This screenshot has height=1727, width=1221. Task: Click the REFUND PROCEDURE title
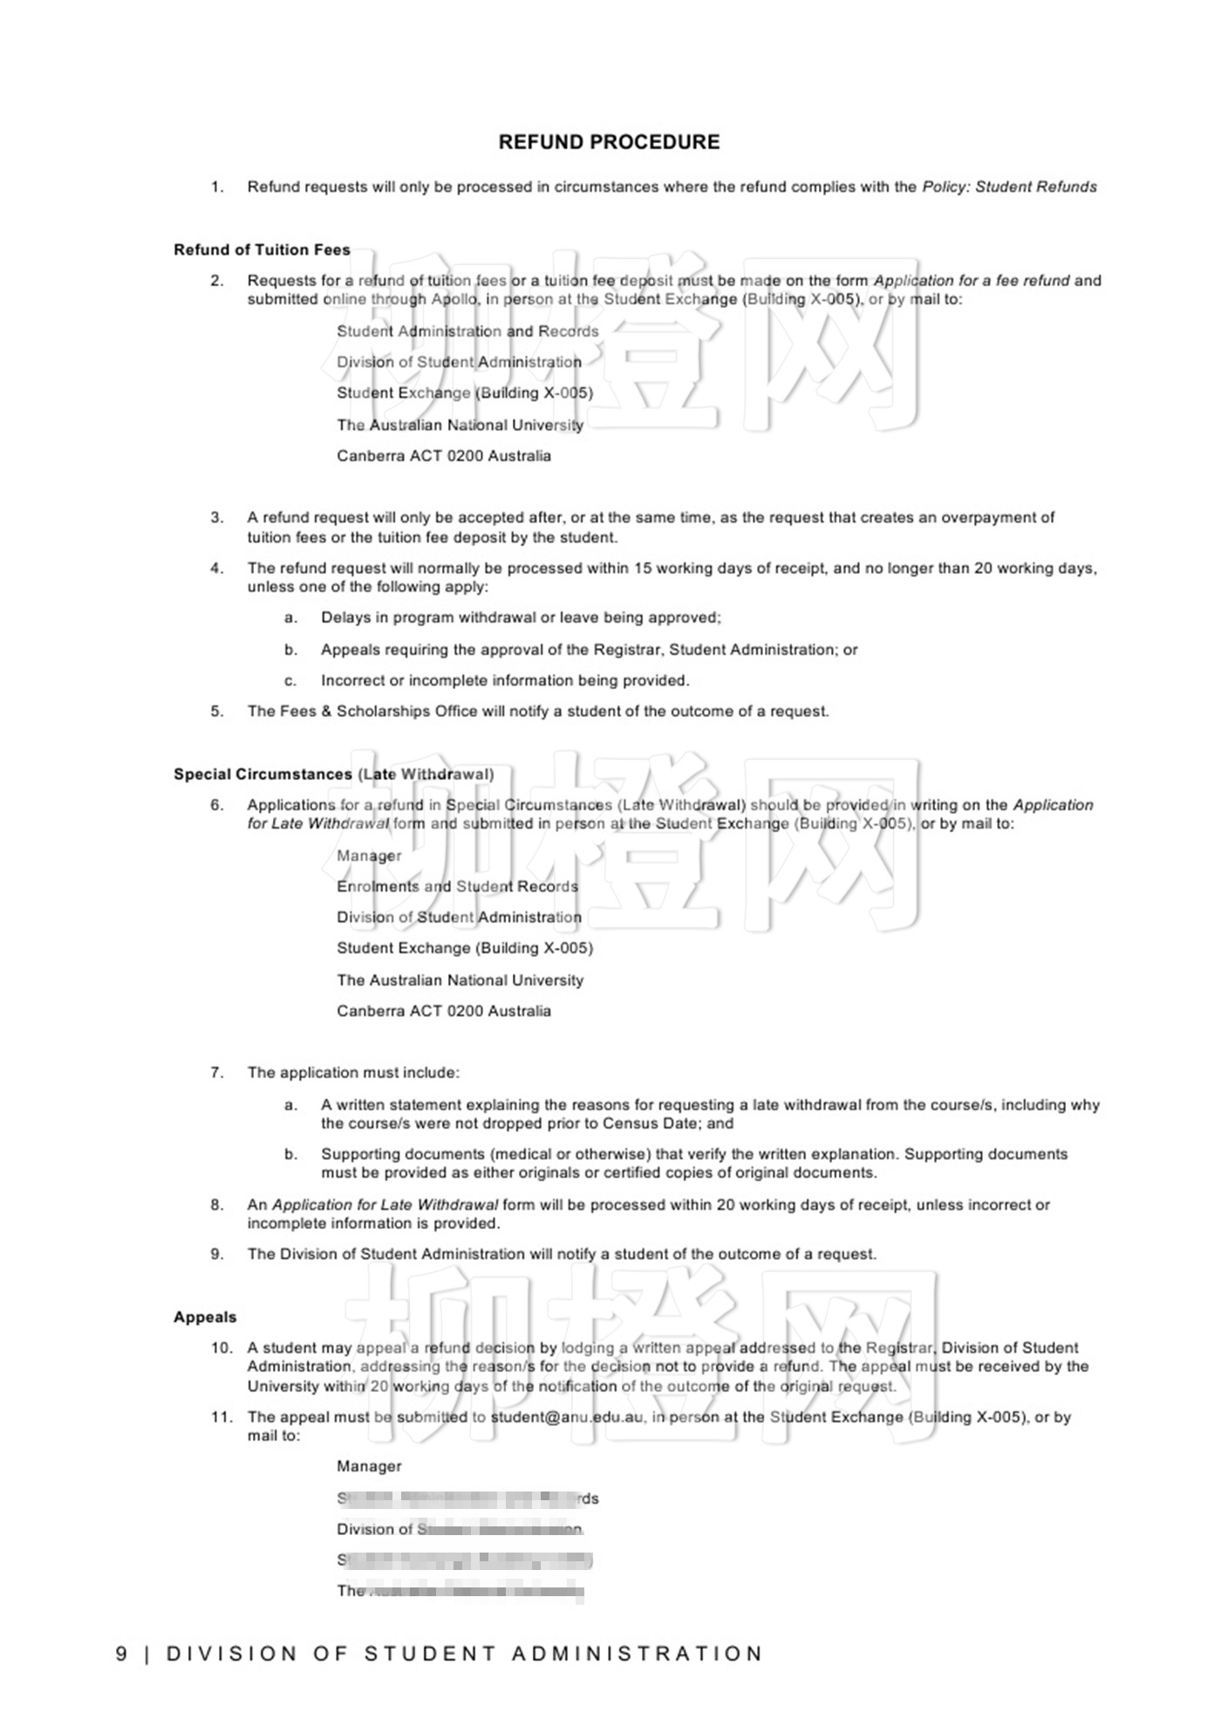tap(609, 142)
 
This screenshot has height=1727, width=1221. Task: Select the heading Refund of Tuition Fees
tap(262, 250)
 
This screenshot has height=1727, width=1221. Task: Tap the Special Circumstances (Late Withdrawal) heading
tap(333, 775)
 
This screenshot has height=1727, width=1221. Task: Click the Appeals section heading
tap(205, 1317)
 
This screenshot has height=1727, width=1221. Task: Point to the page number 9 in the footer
tap(122, 1654)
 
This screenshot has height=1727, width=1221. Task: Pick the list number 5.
tap(217, 712)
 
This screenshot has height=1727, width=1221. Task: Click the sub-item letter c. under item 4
tap(290, 681)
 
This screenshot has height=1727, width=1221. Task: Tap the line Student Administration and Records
tap(467, 331)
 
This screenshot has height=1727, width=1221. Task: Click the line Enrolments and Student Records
tap(457, 887)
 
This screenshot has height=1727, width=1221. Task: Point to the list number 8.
tap(217, 1205)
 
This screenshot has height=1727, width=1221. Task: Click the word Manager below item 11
tap(369, 1467)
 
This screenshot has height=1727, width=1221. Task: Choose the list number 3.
tap(217, 518)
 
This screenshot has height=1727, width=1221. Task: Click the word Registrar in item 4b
tap(628, 650)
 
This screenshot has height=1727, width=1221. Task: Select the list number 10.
tap(222, 1348)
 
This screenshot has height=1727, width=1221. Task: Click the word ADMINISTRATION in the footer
tap(637, 1654)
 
